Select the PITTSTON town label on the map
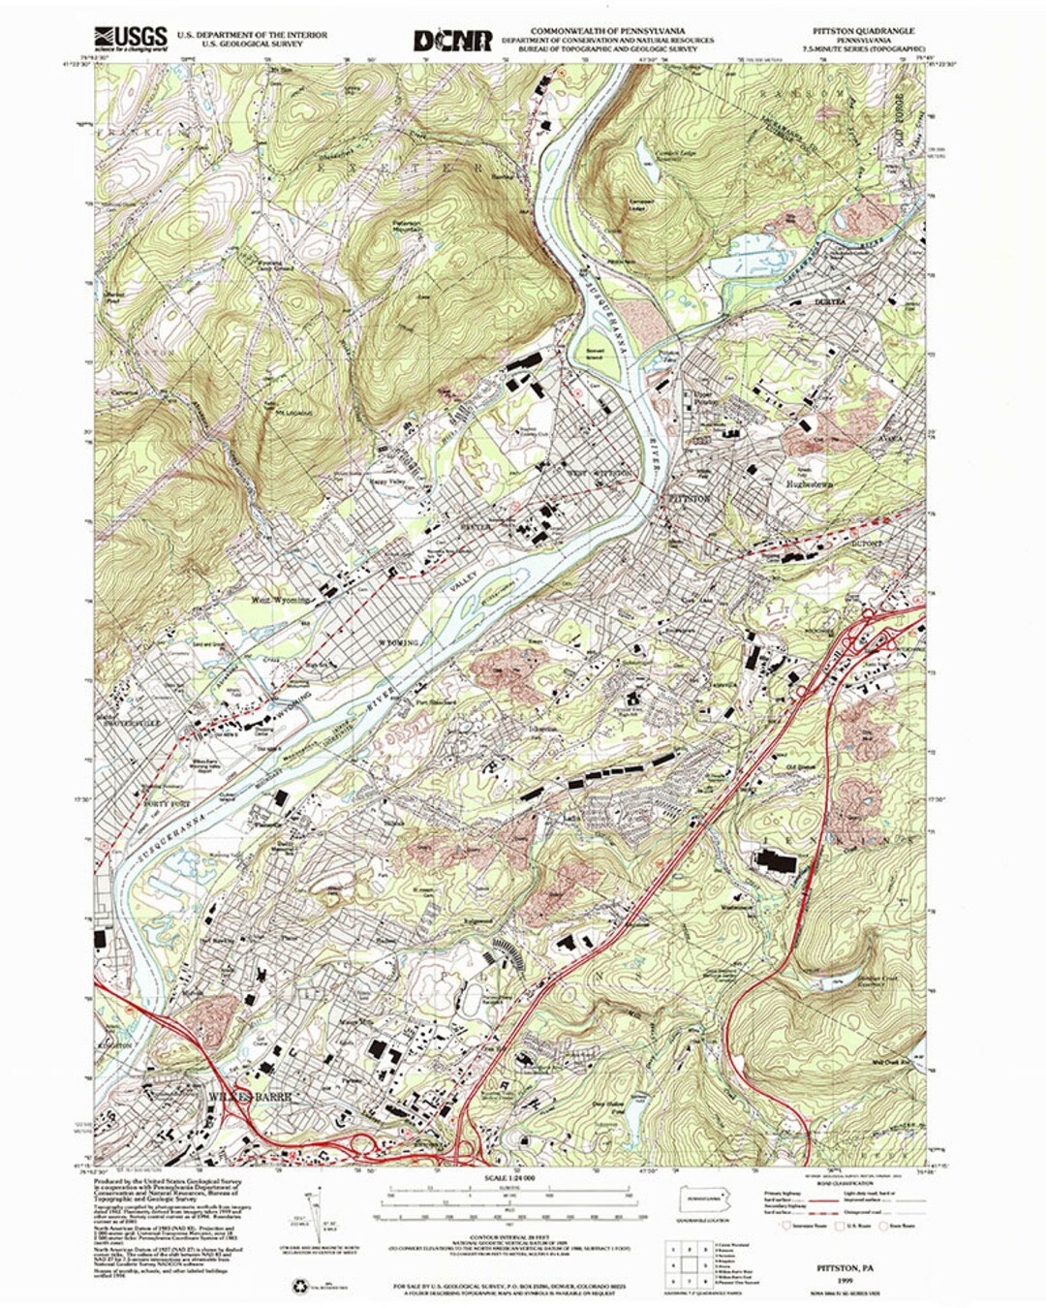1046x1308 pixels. click(690, 498)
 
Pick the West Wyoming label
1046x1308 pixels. click(282, 600)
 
